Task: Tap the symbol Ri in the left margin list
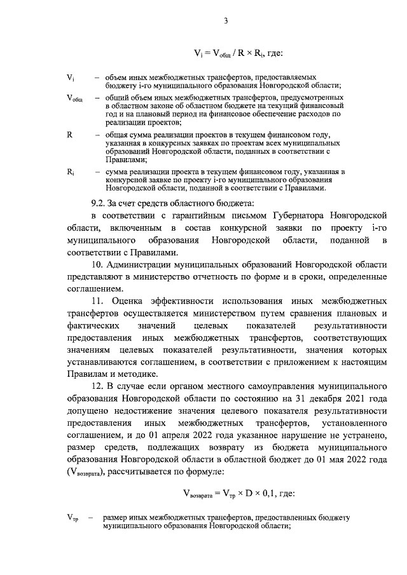(70, 172)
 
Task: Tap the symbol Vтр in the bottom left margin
(71, 519)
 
